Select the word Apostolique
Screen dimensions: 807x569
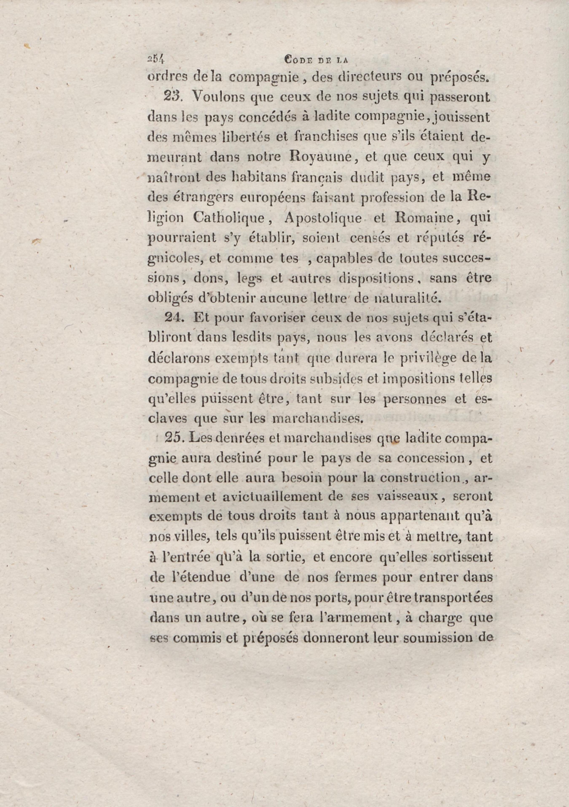pos(323,218)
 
